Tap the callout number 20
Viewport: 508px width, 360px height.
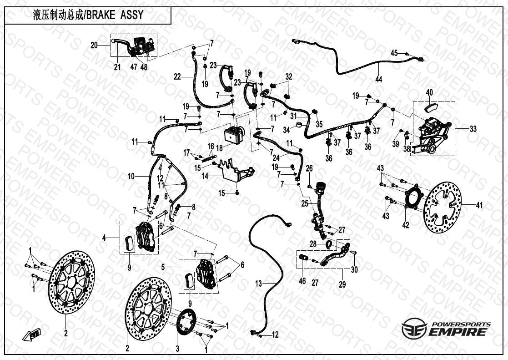pos(94,46)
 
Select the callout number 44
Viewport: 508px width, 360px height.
pos(379,79)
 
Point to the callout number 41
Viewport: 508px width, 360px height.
pos(479,205)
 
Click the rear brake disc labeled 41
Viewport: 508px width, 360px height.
pos(442,207)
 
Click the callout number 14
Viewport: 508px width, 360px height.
pos(205,176)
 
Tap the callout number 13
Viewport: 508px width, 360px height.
pos(258,284)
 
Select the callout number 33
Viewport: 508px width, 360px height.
pos(473,129)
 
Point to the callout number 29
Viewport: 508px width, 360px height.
pos(342,285)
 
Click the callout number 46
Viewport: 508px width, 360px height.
pos(302,280)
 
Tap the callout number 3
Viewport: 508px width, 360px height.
pos(177,349)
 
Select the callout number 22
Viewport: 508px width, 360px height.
pos(177,77)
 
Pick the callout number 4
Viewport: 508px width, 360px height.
pos(104,238)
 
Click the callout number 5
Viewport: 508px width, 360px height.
pos(163,267)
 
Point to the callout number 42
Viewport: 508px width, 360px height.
pos(406,225)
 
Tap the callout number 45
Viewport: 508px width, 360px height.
pos(394,53)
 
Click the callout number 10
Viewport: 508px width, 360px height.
pos(131,177)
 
